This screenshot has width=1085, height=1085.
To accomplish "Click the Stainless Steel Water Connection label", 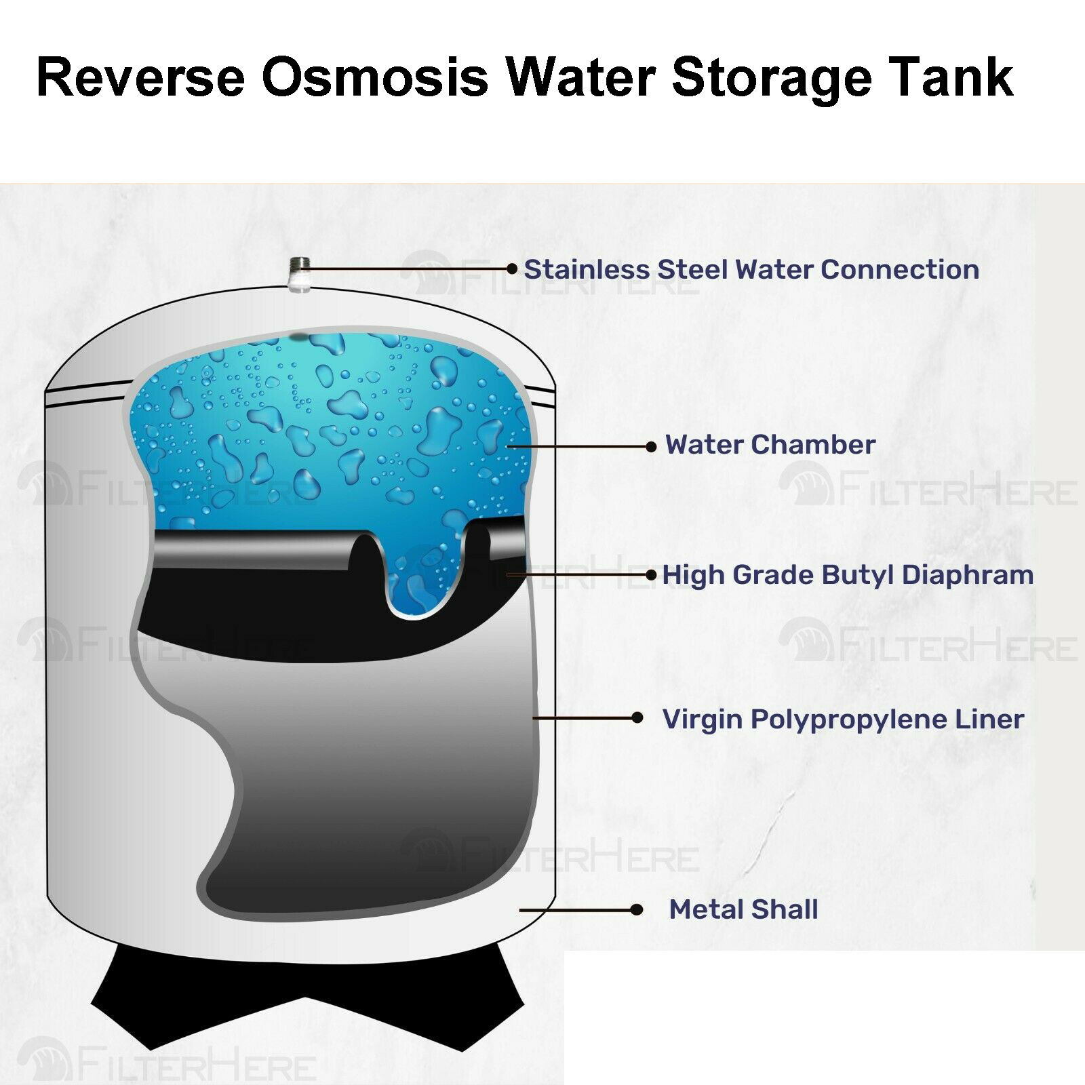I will [x=751, y=269].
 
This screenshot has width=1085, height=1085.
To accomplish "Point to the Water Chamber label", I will [x=770, y=445].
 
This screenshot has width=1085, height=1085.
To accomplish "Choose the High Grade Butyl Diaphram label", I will [x=848, y=575].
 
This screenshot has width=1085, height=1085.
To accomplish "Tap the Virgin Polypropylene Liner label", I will [x=843, y=719].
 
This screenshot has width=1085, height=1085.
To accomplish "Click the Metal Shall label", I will [x=743, y=909].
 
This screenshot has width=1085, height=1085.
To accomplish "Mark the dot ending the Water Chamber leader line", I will [x=651, y=446].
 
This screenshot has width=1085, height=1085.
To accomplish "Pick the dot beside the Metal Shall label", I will [x=636, y=909].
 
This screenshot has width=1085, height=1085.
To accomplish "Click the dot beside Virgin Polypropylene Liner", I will [x=637, y=717].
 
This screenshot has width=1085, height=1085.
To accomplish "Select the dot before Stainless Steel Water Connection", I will [x=513, y=269].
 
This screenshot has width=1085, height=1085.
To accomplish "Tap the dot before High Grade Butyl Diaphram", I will [x=651, y=575].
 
